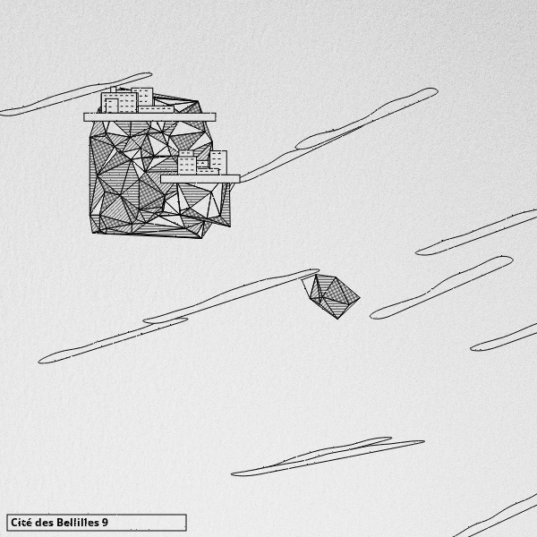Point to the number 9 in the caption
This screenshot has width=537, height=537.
tap(105, 523)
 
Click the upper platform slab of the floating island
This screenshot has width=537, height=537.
tap(149, 117)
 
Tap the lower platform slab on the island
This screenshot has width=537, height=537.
tap(200, 179)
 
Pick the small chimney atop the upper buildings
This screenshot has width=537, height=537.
tap(113, 89)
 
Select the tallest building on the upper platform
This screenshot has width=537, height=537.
tap(143, 97)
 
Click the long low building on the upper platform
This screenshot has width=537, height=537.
tap(156, 109)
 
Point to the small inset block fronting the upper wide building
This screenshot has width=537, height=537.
tap(112, 106)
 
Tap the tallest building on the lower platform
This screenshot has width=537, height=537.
tap(218, 162)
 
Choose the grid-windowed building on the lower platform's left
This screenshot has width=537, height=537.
tap(187, 166)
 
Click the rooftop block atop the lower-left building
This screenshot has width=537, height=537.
tap(186, 153)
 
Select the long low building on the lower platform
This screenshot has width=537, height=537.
tap(208, 171)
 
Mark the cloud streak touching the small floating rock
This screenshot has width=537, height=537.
tap(232, 296)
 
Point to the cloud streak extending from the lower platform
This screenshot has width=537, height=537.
tap(337, 136)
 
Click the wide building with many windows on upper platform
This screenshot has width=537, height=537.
tap(120, 102)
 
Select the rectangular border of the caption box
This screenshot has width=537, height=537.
tap(97, 515)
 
